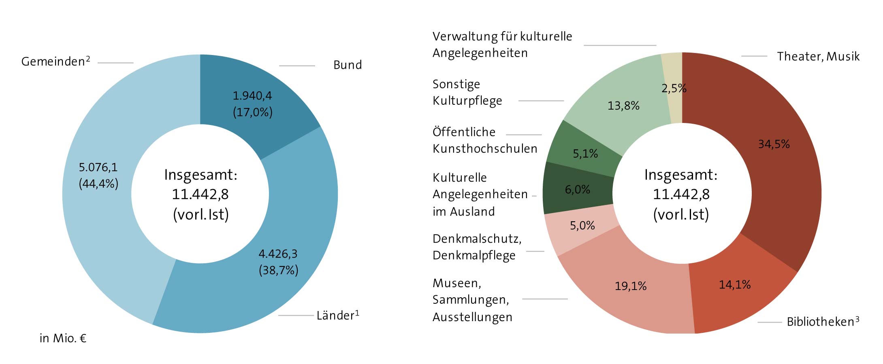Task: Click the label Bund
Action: click(x=348, y=65)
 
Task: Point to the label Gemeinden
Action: click(x=53, y=61)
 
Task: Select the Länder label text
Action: click(x=335, y=315)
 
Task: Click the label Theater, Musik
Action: click(x=818, y=57)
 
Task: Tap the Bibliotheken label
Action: click(x=820, y=322)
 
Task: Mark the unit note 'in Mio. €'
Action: click(x=63, y=338)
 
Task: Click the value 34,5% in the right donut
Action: click(x=774, y=144)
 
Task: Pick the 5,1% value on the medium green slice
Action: click(x=585, y=154)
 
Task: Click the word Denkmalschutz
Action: click(x=476, y=239)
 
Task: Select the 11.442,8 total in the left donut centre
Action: click(x=200, y=195)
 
